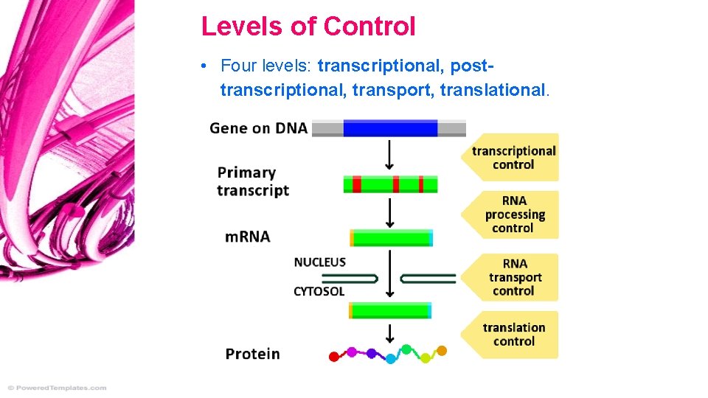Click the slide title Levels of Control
308,27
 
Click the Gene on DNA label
258,128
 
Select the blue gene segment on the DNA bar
390,128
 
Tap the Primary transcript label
253,181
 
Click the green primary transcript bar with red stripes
390,184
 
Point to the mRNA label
247,237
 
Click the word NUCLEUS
319,262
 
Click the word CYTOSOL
319,291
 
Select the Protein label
252,354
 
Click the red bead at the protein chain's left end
333,357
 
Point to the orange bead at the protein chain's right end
442,350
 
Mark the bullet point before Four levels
203,66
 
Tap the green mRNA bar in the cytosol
390,310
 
